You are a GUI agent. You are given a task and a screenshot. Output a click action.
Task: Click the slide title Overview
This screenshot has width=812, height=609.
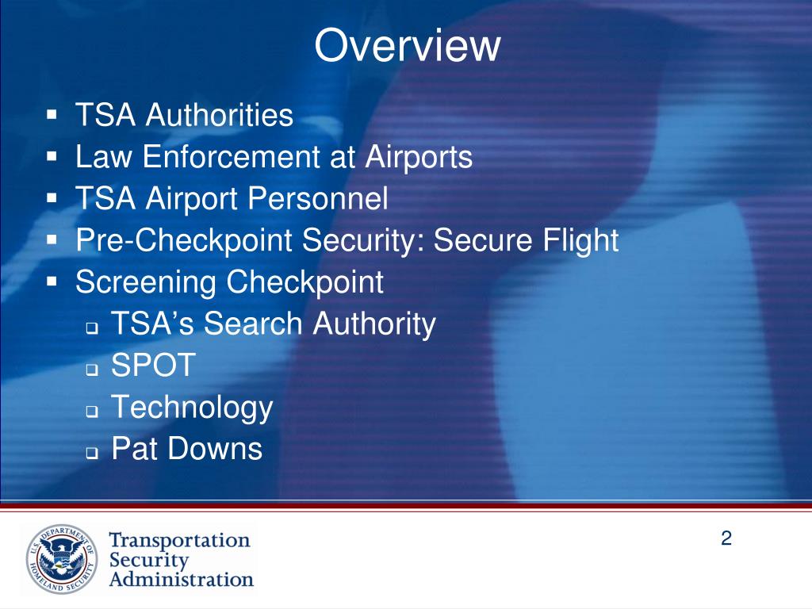[407, 46]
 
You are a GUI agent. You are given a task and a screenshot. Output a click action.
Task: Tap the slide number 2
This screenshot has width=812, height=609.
[726, 539]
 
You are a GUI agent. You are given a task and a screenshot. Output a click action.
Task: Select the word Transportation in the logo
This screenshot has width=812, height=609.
[179, 540]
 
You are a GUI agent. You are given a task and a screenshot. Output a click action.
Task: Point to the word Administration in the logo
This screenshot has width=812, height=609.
[181, 579]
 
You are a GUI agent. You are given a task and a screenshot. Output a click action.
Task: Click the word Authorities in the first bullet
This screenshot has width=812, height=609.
[219, 116]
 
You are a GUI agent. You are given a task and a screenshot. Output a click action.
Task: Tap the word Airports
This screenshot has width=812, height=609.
[419, 157]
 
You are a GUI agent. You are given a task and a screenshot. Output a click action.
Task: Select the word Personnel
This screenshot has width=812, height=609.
[319, 199]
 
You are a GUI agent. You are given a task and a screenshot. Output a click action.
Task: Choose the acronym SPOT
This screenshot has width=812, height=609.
[153, 366]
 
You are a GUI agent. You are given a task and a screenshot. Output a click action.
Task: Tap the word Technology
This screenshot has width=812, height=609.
[192, 408]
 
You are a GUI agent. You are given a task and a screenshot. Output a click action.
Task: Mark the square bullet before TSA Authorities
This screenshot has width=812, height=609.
[52, 115]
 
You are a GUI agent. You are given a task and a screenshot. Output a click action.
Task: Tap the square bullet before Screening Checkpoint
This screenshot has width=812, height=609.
[52, 282]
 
